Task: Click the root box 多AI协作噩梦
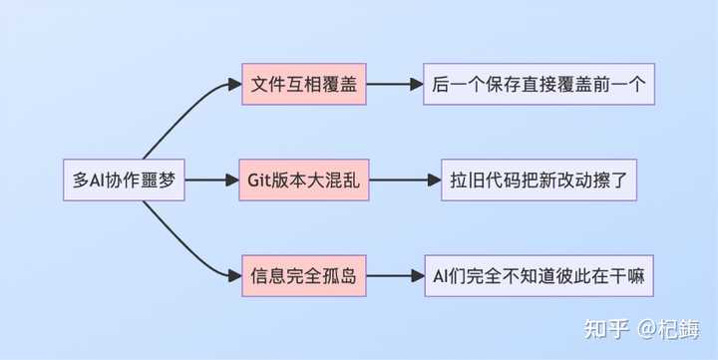[x=122, y=180]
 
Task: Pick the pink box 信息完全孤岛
[x=299, y=276]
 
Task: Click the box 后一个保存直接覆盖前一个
[x=538, y=85]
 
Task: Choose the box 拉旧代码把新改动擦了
[x=538, y=180]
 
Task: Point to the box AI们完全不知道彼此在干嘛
[x=538, y=276]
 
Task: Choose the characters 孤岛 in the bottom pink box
[x=337, y=277]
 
